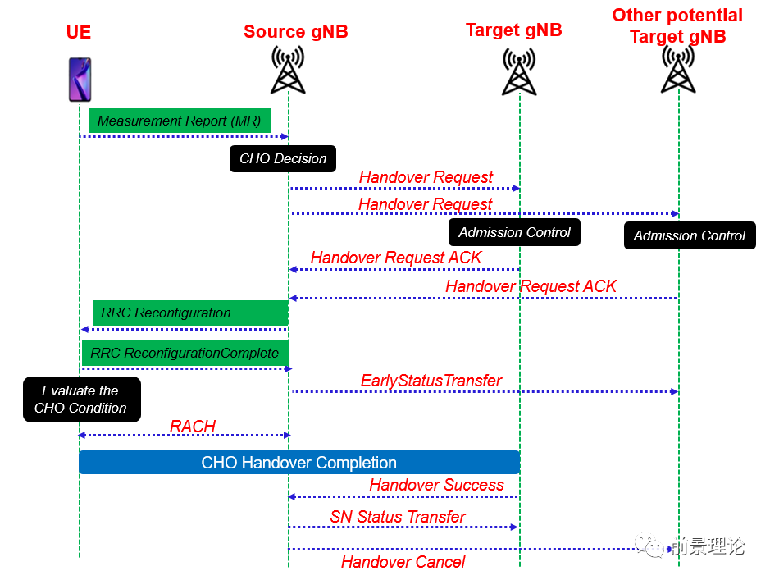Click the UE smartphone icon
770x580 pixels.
pyautogui.click(x=80, y=79)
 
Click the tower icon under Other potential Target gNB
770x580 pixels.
pyautogui.click(x=678, y=69)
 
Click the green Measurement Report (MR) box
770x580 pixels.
pyautogui.click(x=179, y=121)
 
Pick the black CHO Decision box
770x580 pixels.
pyautogui.click(x=283, y=158)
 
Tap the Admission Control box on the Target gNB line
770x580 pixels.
pyautogui.click(x=514, y=232)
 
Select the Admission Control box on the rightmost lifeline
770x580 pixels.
pyautogui.click(x=689, y=235)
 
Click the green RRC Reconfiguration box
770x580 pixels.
pyautogui.click(x=189, y=313)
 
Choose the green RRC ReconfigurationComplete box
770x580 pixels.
pyautogui.click(x=185, y=353)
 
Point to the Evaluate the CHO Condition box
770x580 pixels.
pyautogui.click(x=80, y=400)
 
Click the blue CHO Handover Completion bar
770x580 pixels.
pyautogui.click(x=299, y=463)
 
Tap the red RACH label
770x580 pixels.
pyautogui.click(x=193, y=426)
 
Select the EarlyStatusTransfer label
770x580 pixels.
pyautogui.click(x=431, y=381)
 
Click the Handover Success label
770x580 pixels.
pyautogui.click(x=436, y=485)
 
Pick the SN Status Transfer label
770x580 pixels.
pyautogui.click(x=398, y=517)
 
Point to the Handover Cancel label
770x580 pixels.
pyautogui.click(x=403, y=562)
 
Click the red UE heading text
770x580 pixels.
pyautogui.click(x=79, y=33)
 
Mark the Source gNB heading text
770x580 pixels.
pyautogui.click(x=295, y=32)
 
